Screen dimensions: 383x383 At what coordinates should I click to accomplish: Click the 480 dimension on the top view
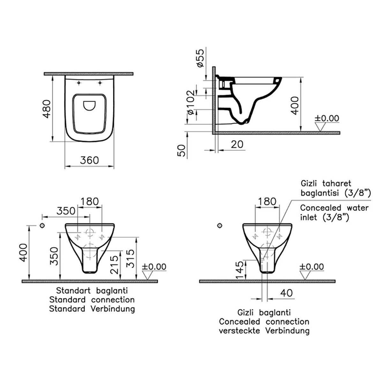click(47, 109)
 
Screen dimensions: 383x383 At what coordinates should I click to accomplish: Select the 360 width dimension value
click(89, 160)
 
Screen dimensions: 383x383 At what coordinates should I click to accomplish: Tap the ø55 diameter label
click(200, 58)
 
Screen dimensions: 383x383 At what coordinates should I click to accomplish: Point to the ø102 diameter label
click(191, 102)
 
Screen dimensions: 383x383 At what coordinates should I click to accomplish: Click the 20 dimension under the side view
click(237, 144)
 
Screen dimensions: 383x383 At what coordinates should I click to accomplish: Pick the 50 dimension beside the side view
click(181, 151)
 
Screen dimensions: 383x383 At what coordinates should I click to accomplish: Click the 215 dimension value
click(114, 265)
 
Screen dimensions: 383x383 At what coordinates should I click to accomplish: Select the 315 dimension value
click(131, 259)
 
